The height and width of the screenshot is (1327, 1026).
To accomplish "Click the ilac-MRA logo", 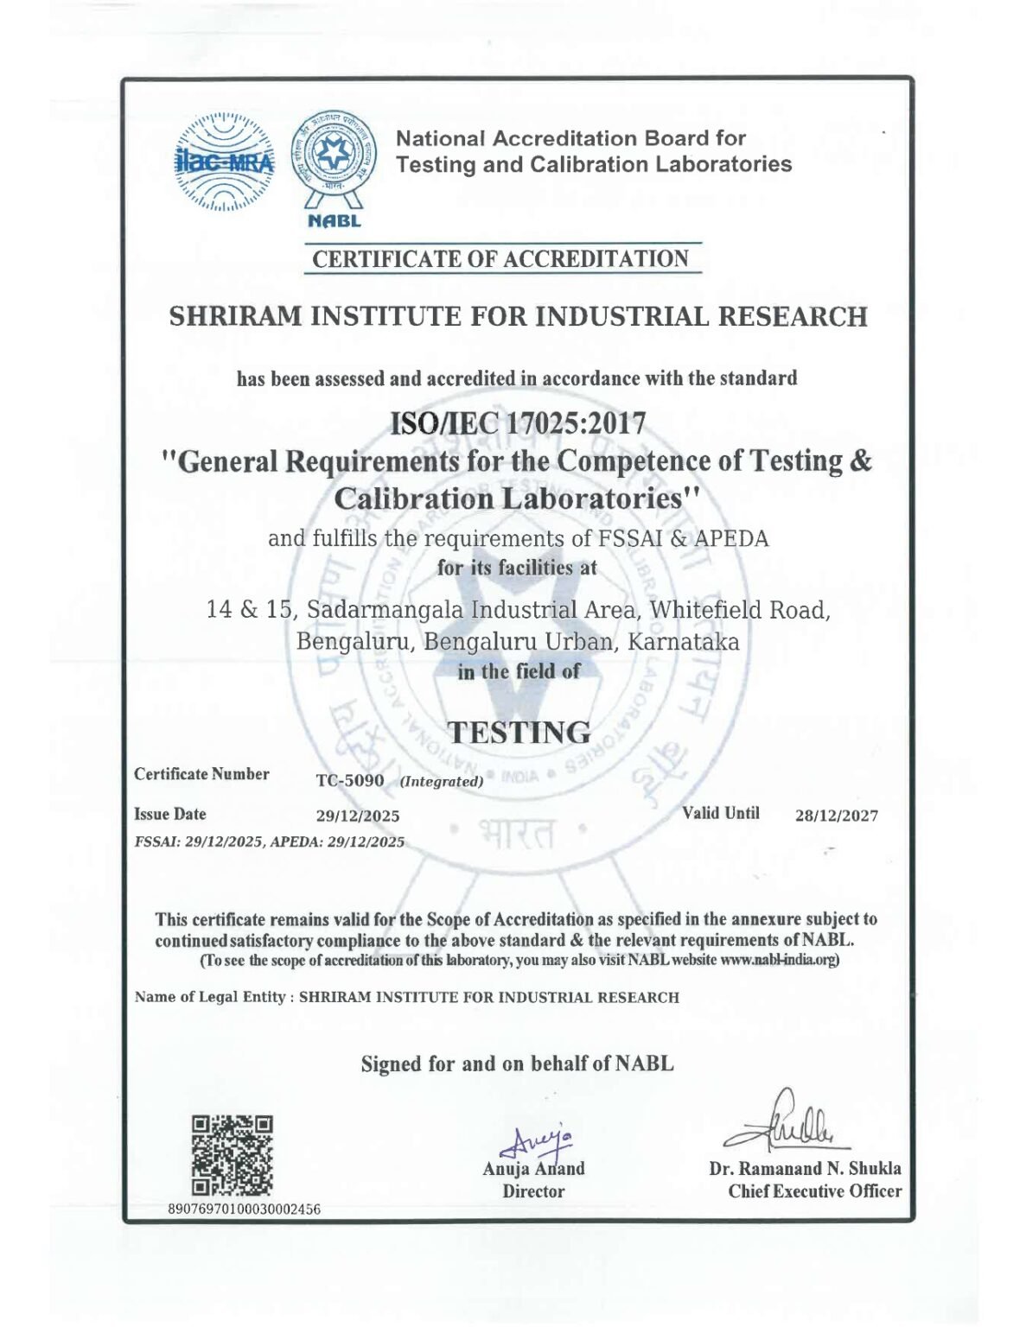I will click(x=224, y=162).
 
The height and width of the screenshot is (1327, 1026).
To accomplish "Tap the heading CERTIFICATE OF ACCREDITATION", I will click(x=500, y=259).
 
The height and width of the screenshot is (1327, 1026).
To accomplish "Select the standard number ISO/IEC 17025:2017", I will click(x=518, y=423).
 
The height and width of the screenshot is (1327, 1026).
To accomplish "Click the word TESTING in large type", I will click(x=519, y=733).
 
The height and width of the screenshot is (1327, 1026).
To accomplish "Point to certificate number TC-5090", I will click(x=349, y=781).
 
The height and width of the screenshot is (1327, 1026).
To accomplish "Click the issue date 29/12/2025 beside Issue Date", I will click(x=357, y=816).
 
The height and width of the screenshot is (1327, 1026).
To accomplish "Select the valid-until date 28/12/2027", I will click(x=836, y=816).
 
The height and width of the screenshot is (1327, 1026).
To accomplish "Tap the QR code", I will click(x=232, y=1155).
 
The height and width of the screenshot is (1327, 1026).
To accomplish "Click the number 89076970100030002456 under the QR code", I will click(x=244, y=1209).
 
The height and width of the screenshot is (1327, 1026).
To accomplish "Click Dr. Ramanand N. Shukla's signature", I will click(x=791, y=1124).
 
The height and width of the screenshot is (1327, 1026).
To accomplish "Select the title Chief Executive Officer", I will click(x=814, y=1191).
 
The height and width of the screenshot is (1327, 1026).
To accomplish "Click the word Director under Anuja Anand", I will click(x=533, y=1191).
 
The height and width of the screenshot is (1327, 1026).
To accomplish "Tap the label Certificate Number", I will click(x=201, y=774).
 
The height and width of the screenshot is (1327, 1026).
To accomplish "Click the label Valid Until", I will click(x=720, y=813).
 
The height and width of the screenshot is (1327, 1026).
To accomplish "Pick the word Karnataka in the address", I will click(x=683, y=642).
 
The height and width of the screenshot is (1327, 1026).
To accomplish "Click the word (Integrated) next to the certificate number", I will click(x=441, y=782).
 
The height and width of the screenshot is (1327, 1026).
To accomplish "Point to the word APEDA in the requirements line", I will click(x=731, y=538).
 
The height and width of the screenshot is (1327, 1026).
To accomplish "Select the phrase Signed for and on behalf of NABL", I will click(x=517, y=1064).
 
